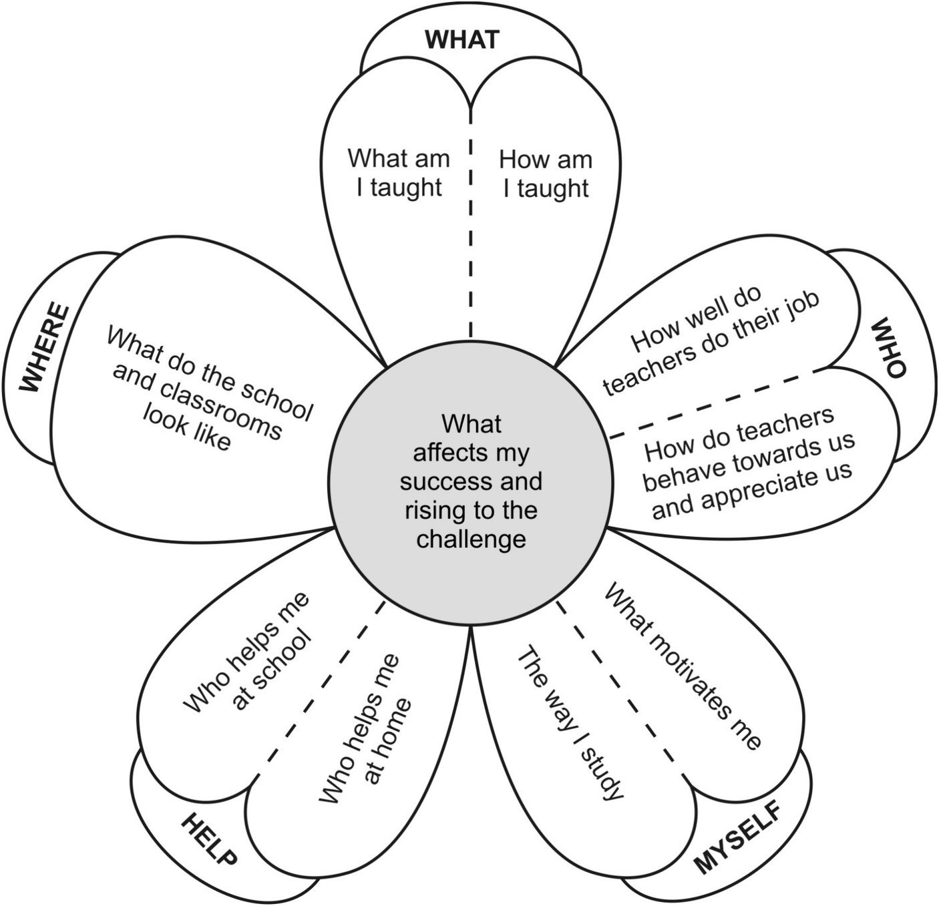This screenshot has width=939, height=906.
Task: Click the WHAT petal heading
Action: pyautogui.click(x=461, y=40)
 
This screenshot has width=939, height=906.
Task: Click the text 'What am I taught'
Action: pyautogui.click(x=399, y=173)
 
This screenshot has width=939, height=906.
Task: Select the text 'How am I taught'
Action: pyautogui.click(x=546, y=174)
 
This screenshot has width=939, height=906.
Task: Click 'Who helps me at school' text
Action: pyautogui.click(x=248, y=652)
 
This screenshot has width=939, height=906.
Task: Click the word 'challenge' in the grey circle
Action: pyautogui.click(x=471, y=539)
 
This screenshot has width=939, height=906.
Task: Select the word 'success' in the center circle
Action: pyautogui.click(x=442, y=481)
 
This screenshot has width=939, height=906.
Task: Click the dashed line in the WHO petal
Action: pyautogui.click(x=711, y=405)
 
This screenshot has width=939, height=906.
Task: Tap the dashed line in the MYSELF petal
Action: pyautogui.click(x=621, y=688)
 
